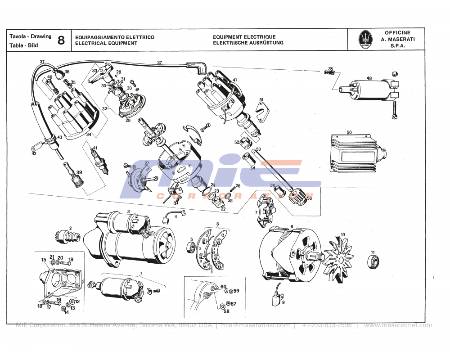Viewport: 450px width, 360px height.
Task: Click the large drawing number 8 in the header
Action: coord(61,40)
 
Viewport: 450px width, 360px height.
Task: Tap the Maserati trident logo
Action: coord(366,40)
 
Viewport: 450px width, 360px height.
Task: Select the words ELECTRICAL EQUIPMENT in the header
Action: coord(106,43)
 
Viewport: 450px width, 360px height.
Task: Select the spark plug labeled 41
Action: coord(99,161)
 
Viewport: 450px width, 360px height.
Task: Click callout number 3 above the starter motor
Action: coord(128,211)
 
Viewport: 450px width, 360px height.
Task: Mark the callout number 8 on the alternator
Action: coord(292,226)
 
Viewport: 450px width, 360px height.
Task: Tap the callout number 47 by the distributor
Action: coord(234,80)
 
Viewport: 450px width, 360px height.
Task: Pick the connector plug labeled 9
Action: coord(276,300)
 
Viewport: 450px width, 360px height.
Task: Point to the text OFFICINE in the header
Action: coord(397,33)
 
